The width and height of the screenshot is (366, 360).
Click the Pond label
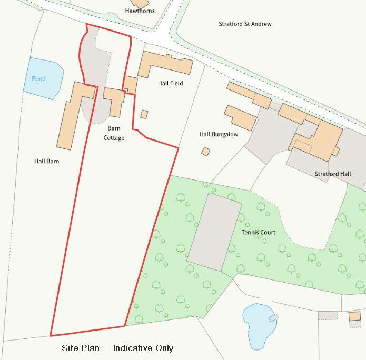coord(38,79)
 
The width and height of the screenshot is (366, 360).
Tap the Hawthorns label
coord(140,11)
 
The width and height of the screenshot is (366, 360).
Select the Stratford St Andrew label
coord(245,24)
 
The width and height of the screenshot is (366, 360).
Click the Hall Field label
coord(170,83)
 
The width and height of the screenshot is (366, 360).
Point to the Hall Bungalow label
coord(219,134)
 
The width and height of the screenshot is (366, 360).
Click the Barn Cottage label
coord(114,133)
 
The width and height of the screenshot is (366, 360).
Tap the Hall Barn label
coord(46,161)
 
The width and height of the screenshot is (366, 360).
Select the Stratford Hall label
coord(332,174)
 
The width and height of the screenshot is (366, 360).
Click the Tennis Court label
coord(258,232)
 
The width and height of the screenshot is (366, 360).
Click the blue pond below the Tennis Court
coord(258,324)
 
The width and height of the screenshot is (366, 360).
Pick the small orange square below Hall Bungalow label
coord(205,152)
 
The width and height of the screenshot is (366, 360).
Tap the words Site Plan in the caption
coord(79,348)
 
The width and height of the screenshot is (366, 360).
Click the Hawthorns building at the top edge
coord(141,4)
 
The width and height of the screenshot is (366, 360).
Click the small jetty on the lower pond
coord(273,317)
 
